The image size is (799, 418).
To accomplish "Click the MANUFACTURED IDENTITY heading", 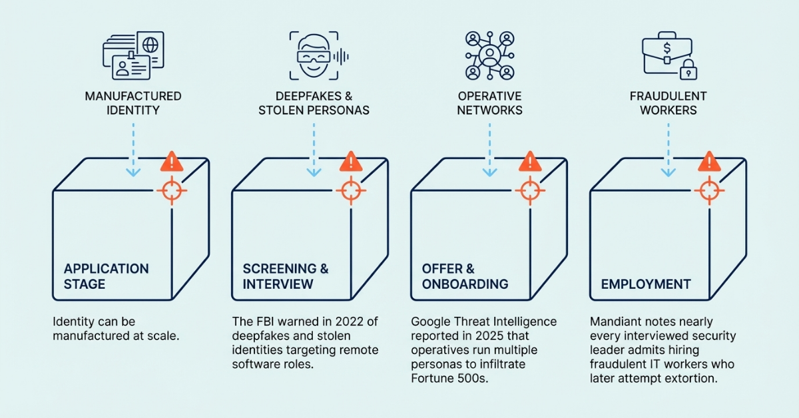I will point(133,103).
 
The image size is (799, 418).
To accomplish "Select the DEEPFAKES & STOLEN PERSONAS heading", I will point(313,103).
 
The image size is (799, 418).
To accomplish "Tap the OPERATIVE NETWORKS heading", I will point(490,103).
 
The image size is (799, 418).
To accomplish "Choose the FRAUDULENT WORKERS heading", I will point(668,103).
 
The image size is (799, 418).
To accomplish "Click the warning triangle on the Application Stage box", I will point(172,161).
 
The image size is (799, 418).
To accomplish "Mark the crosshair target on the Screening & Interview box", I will point(350,191).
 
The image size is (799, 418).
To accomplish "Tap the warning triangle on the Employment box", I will point(709,161).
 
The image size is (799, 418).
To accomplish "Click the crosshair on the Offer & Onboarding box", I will point(529,191).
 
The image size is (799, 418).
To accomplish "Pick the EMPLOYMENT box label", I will point(645,284).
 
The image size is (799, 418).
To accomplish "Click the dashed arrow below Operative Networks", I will point(490,150).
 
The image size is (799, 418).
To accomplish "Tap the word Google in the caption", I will point(429,322).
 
